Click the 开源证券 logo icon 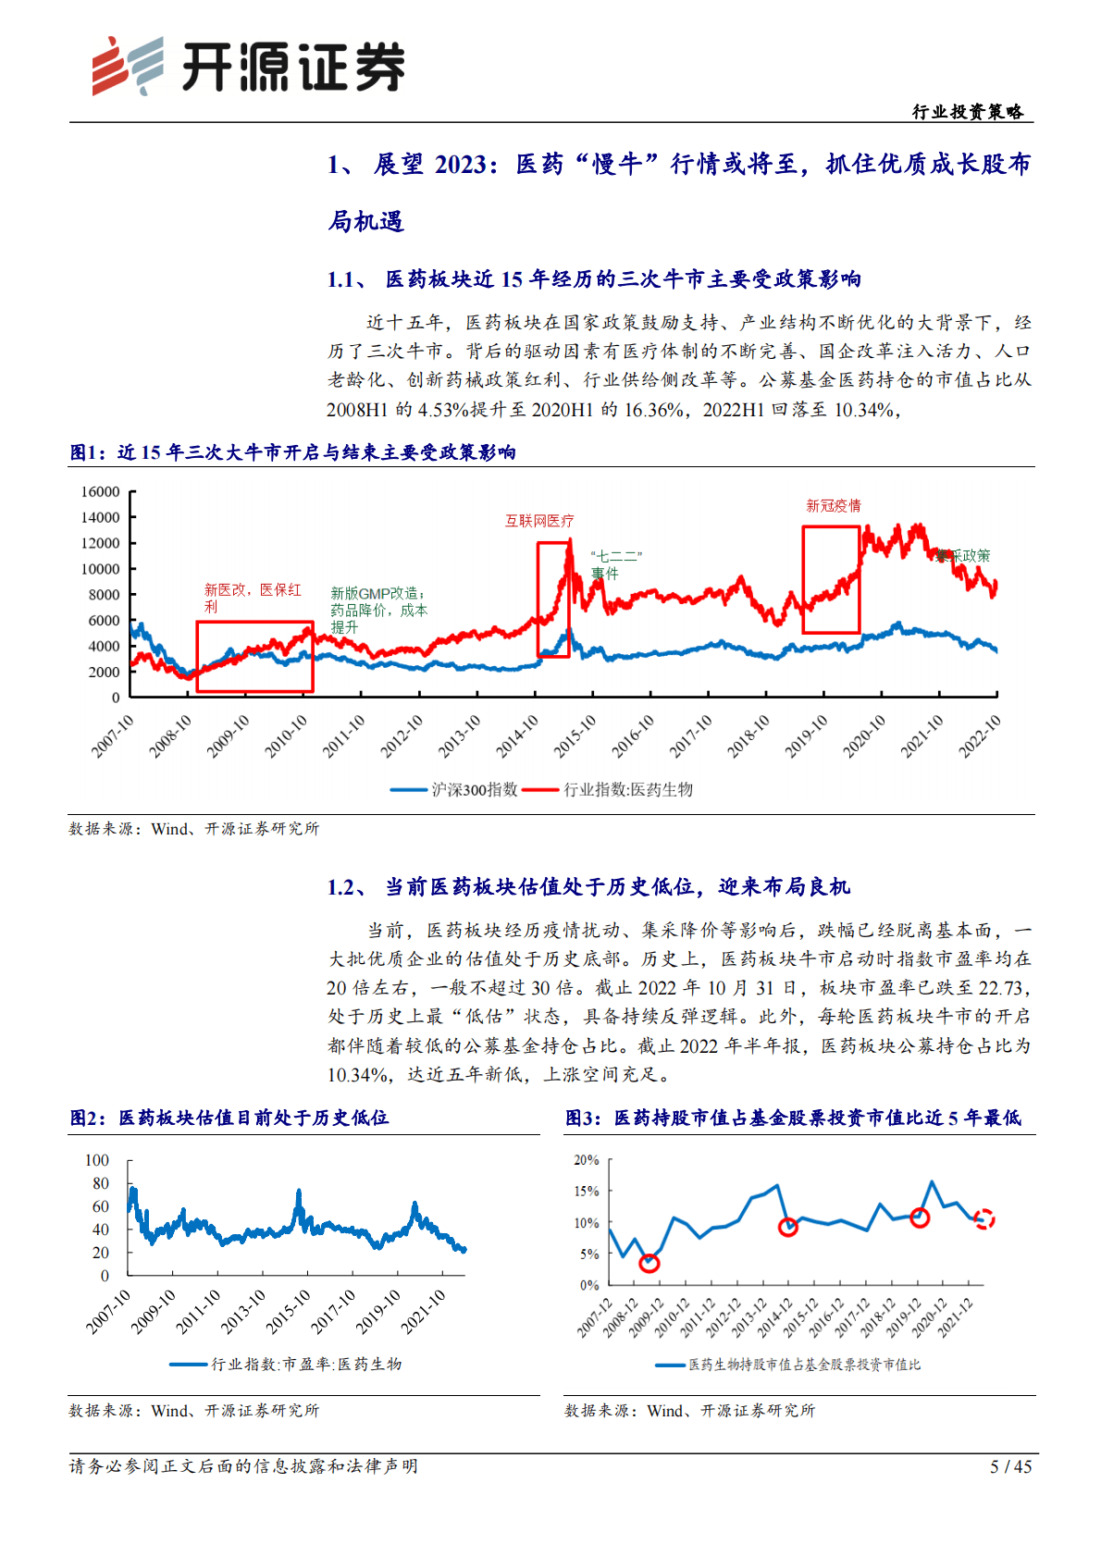pyautogui.click(x=127, y=66)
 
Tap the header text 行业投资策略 pyautogui.click(x=968, y=112)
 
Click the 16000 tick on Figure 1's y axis pyautogui.click(x=100, y=492)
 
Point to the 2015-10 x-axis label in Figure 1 pyautogui.click(x=575, y=736)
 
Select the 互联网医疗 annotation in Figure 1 pyautogui.click(x=539, y=521)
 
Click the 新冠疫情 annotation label pyautogui.click(x=833, y=506)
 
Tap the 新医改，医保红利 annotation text pyautogui.click(x=252, y=598)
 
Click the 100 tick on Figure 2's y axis pyautogui.click(x=97, y=1160)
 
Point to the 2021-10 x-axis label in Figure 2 pyautogui.click(x=424, y=1312)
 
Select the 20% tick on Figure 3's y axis pyautogui.click(x=587, y=1160)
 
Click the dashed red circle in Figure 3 pyautogui.click(x=984, y=1219)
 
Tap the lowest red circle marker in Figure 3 pyautogui.click(x=649, y=1263)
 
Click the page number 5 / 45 pyautogui.click(x=1010, y=1466)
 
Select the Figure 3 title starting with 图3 pyautogui.click(x=793, y=1118)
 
